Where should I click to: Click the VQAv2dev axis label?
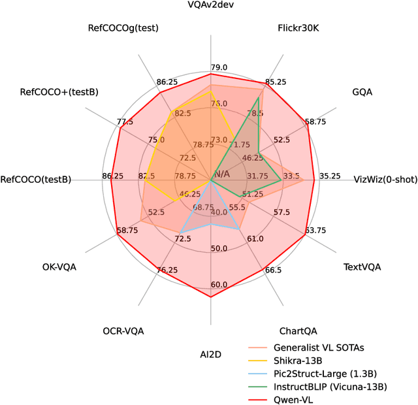(x=210, y=6)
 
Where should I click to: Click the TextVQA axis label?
(x=362, y=267)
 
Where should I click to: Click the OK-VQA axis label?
(x=59, y=267)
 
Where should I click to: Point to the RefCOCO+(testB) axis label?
(x=59, y=92)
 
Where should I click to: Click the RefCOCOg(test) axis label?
(x=123, y=28)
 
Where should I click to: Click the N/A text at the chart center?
(x=221, y=174)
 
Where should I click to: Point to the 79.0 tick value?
(x=219, y=68)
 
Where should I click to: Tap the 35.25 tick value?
(x=330, y=176)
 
